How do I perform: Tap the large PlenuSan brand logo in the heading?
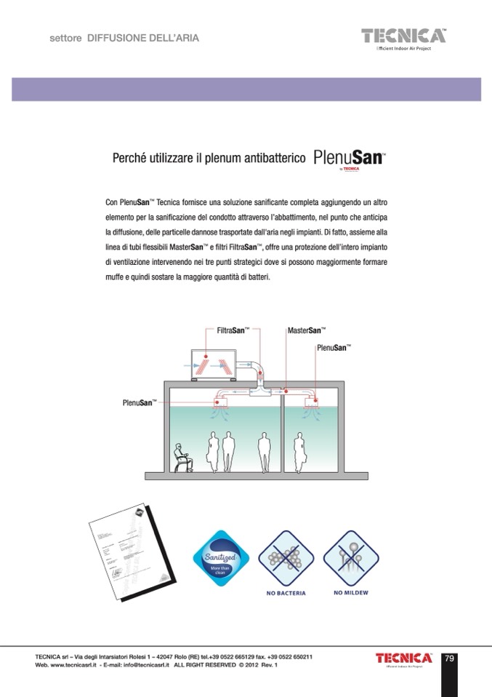pos(349,158)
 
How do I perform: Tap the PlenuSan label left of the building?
pos(138,402)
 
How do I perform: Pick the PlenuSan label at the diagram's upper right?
pos(334,348)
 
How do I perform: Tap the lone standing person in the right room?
pos(298,451)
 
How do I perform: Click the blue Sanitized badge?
pos(217,557)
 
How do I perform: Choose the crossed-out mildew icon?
pos(350,555)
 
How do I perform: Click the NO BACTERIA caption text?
pos(282,593)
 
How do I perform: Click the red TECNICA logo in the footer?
pos(403,658)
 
